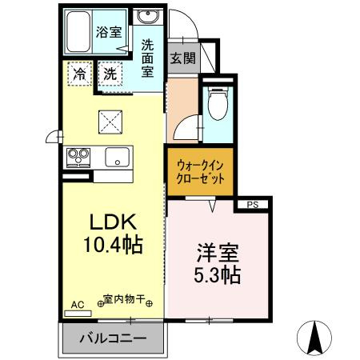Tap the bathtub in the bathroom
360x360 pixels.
coord(77,33)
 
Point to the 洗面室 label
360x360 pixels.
coord(148,58)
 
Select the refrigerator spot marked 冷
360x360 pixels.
coord(78,73)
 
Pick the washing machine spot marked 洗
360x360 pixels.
coord(111,73)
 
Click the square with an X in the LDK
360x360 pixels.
coord(110,122)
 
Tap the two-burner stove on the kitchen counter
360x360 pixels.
coord(78,156)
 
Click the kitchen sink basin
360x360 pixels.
coord(117,158)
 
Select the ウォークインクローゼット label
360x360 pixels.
coord(200,170)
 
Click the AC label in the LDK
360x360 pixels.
coord(77,305)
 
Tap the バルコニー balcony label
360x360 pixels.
coord(112,339)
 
